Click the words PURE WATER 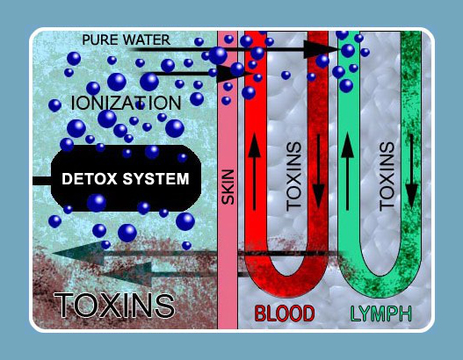click(x=127, y=40)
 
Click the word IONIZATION click(x=127, y=103)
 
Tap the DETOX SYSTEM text click(x=126, y=179)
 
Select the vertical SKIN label click(x=228, y=187)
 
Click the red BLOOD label click(x=285, y=313)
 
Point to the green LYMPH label click(x=381, y=314)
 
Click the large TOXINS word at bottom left click(x=114, y=306)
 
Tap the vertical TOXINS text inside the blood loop click(x=293, y=176)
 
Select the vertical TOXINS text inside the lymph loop click(x=387, y=176)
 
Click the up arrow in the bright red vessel click(x=254, y=171)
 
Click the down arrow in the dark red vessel click(x=318, y=171)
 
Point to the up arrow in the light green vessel click(x=348, y=171)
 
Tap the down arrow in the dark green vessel click(x=412, y=171)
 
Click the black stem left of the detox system click(x=42, y=181)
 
